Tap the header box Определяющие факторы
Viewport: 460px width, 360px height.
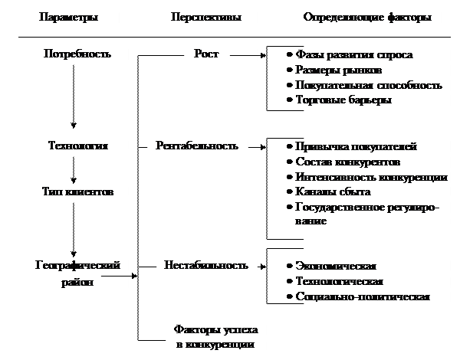tap(367, 18)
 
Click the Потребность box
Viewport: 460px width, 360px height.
tap(77, 55)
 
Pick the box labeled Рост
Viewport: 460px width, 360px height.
tap(207, 55)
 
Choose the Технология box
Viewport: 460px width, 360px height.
tap(77, 146)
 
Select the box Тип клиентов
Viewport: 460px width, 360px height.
tap(77, 191)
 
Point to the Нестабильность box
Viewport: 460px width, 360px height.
tap(206, 267)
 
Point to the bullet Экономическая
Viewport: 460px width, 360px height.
tap(335, 267)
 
